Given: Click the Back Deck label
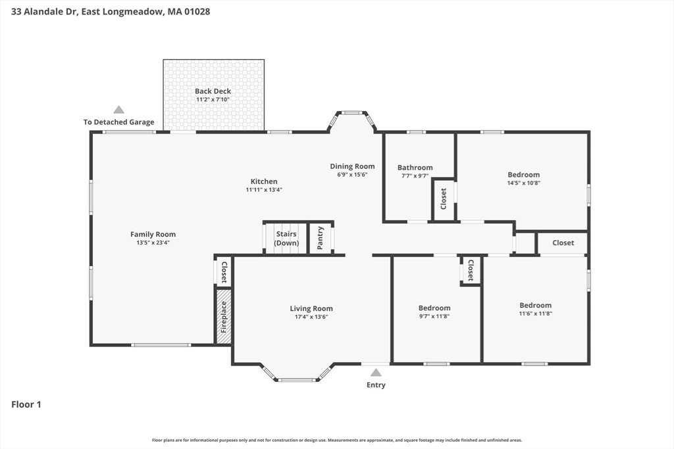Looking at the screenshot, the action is tap(213, 91).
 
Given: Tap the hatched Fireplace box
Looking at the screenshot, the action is tap(224, 316).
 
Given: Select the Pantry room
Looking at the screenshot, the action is tap(321, 238).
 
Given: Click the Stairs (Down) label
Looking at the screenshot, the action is tap(286, 238).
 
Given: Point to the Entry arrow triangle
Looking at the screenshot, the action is tap(376, 372).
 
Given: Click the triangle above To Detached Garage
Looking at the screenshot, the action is tap(118, 110).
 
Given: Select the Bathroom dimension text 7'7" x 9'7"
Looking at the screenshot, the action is tap(415, 176).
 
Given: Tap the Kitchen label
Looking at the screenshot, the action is tap(264, 181).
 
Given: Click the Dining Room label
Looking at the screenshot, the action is tap(353, 166).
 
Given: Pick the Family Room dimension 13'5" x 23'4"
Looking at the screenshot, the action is tap(153, 243).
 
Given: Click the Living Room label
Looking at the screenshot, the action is tap(311, 308).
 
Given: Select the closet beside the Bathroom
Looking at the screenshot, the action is tap(444, 199).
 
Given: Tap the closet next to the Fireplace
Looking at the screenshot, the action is tap(224, 272).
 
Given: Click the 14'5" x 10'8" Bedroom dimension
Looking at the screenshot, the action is tap(523, 183).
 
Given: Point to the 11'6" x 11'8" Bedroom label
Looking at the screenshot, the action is tap(536, 305).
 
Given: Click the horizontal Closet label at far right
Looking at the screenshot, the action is tap(563, 243).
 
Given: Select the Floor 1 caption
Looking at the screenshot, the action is tap(26, 404).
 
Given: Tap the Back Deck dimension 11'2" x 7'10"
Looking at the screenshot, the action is tap(213, 99).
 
